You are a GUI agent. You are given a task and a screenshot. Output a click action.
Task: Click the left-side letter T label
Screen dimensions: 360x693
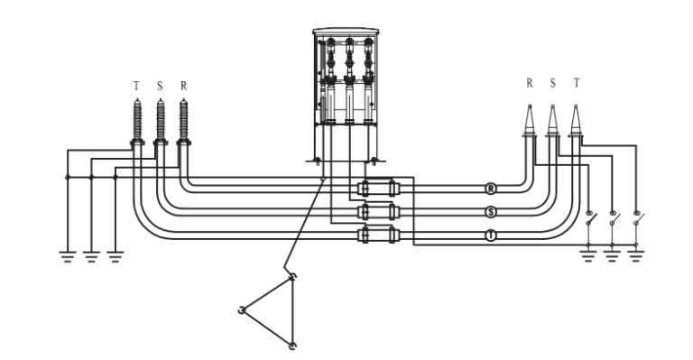(x=136, y=87)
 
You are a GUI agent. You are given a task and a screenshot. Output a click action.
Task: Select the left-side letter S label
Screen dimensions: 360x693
(x=160, y=87)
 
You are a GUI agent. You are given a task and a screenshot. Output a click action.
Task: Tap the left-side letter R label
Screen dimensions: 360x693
(x=184, y=87)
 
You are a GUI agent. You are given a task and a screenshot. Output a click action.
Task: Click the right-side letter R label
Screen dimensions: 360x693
(x=530, y=83)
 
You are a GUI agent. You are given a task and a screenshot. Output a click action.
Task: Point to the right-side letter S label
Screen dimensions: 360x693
(x=552, y=83)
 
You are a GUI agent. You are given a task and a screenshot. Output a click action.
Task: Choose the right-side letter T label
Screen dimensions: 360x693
(x=576, y=83)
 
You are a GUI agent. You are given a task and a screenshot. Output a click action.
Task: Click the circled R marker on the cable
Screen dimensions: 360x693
(x=491, y=189)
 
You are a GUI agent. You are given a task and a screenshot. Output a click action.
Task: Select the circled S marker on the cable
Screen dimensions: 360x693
(x=491, y=212)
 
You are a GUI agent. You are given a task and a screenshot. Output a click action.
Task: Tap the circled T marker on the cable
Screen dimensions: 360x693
(x=491, y=235)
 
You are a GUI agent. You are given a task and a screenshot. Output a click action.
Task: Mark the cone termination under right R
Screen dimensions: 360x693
(x=528, y=122)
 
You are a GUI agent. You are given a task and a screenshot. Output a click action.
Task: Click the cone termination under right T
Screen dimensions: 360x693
(x=575, y=122)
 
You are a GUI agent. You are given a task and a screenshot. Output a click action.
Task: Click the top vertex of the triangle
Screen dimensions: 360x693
(x=291, y=278)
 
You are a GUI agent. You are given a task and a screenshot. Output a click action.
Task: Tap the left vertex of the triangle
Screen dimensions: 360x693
(x=242, y=311)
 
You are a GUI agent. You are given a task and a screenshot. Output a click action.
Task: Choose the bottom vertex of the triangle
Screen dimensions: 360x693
(x=291, y=345)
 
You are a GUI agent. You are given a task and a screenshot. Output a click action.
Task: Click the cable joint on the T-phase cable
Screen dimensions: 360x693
(x=378, y=235)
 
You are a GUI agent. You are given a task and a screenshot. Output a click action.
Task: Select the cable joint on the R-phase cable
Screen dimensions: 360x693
(x=378, y=189)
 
